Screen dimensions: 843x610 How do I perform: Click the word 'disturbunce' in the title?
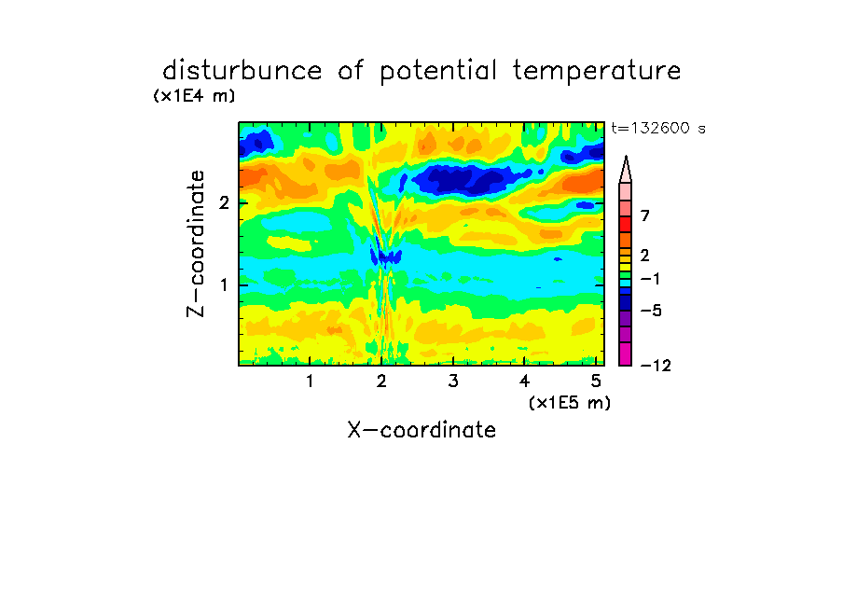tap(242, 71)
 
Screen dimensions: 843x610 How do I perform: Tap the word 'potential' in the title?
tap(438, 72)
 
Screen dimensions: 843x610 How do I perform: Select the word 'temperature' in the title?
tap(597, 72)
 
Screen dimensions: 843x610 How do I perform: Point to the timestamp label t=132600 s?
tap(658, 128)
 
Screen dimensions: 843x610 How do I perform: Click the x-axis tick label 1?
tap(311, 381)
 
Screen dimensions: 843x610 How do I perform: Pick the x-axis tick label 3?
tap(453, 381)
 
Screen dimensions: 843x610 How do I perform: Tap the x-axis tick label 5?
tap(596, 381)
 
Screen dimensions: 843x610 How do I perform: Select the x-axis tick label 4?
tap(524, 381)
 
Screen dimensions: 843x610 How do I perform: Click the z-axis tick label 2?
tap(224, 202)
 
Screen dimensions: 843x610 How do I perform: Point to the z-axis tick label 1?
tap(224, 284)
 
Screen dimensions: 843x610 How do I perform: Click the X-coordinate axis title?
tap(421, 430)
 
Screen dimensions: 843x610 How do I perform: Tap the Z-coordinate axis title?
tap(196, 243)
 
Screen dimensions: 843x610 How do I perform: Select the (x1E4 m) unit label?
tap(194, 96)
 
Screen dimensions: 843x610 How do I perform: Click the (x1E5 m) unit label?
tap(570, 403)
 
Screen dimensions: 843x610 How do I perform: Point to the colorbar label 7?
tap(645, 216)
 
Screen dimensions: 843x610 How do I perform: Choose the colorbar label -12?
tap(656, 366)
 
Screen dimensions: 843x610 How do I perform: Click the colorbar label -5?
tap(651, 311)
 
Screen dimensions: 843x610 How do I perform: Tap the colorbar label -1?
tap(650, 279)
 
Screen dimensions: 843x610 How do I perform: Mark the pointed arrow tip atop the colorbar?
tap(626, 157)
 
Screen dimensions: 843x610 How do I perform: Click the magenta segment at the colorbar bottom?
tap(626, 354)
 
